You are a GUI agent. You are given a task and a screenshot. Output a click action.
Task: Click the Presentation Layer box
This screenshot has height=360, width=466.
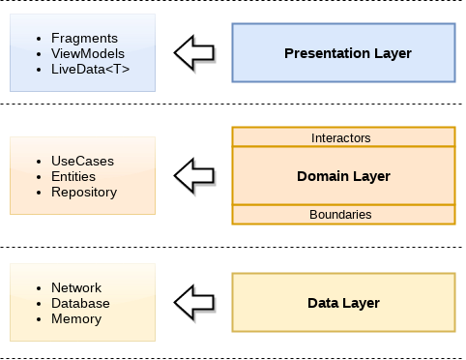tap(343, 53)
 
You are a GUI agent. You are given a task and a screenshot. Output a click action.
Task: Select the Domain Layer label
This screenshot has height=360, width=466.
tap(343, 176)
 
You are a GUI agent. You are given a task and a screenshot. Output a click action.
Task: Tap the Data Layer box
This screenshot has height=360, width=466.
tap(343, 303)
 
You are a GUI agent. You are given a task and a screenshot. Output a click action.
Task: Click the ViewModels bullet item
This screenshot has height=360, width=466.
tap(88, 53)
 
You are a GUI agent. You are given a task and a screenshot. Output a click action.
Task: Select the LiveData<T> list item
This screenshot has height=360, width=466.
tap(89, 69)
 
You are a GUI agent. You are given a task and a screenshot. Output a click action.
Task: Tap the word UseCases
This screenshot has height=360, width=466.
tap(83, 161)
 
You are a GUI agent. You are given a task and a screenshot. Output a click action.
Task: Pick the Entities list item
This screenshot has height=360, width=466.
tap(76, 176)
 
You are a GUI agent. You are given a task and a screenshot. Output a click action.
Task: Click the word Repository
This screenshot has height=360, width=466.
tap(84, 192)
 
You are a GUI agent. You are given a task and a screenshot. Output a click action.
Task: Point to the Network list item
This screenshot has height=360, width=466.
tap(77, 288)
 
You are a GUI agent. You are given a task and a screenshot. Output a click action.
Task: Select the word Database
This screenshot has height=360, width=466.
tap(81, 303)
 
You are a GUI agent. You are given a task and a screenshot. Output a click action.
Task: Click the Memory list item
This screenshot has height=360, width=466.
tap(77, 318)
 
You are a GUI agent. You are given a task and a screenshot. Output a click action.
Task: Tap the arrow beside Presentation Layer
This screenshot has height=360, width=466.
tap(196, 53)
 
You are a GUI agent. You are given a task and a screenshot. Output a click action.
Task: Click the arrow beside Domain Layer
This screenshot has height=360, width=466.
tap(196, 176)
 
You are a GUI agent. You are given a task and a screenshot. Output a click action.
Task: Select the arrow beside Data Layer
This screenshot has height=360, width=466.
tap(196, 303)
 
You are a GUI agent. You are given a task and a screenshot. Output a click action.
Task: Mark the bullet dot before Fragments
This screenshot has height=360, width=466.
tap(37, 39)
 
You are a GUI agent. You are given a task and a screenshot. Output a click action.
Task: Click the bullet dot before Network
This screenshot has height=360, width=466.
tap(37, 288)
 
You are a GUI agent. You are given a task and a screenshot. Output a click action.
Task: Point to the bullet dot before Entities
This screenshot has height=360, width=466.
tap(37, 177)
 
